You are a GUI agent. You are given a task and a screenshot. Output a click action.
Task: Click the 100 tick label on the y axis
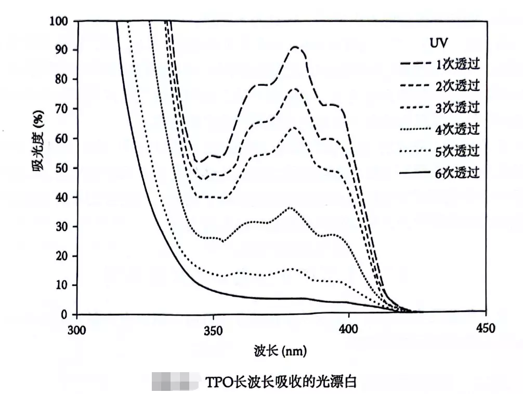[59, 21]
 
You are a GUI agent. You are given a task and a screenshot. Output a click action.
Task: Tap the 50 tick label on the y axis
[62, 168]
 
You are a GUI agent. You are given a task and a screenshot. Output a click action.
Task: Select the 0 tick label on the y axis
[66, 314]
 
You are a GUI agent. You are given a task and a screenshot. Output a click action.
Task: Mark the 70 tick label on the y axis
[62, 109]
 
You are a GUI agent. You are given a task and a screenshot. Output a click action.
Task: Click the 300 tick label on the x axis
[77, 329]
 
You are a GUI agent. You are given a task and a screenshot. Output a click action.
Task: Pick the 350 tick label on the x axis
[213, 329]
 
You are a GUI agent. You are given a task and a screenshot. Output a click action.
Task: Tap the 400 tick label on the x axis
[348, 329]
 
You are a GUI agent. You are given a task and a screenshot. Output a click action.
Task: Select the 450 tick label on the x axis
[485, 329]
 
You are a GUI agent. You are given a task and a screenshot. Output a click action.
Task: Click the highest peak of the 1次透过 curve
[295, 47]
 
